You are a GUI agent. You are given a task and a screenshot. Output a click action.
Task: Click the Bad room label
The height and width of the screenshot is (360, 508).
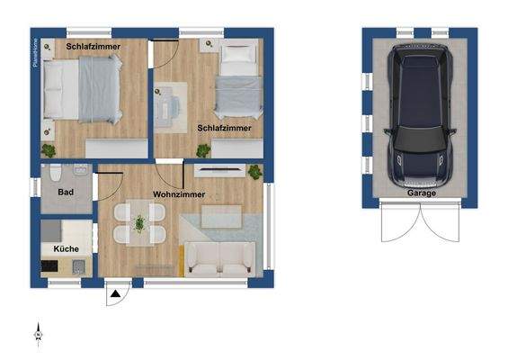pos(65,193)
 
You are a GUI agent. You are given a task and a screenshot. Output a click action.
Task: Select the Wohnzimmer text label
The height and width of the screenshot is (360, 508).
pos(179,194)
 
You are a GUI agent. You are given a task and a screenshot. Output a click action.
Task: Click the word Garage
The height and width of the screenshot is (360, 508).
pos(421,193)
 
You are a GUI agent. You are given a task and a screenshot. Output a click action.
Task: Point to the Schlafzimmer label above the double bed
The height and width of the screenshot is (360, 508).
pos(94,45)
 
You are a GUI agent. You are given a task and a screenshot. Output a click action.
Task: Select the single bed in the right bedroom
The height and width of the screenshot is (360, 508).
pos(236,81)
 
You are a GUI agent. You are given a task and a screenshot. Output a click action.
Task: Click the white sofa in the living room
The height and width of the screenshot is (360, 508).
pos(219,258)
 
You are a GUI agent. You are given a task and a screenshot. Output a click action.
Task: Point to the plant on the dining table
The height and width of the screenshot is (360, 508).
pos(139,221)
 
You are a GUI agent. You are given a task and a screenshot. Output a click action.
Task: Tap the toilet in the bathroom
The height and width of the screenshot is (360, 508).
pos(55,174)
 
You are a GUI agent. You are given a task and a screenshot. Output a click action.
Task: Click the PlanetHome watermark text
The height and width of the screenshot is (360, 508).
pos(35,54)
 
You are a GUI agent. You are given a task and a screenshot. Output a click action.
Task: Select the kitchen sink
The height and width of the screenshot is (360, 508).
pos(78,265)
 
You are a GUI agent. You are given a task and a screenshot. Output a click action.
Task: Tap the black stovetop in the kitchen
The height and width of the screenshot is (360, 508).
pos(51,265)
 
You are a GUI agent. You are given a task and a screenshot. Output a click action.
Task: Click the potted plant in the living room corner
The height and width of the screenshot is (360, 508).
pos(254,171)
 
